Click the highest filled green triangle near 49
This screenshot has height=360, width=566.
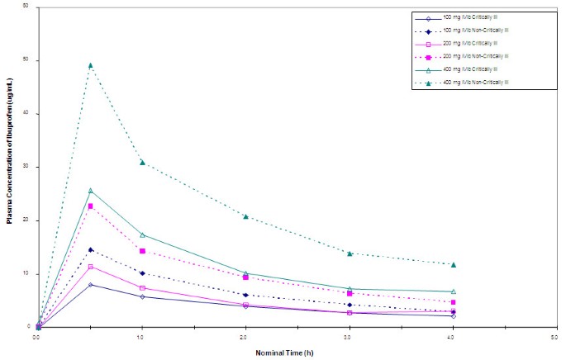(x=90, y=65)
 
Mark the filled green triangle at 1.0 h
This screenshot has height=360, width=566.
(x=142, y=163)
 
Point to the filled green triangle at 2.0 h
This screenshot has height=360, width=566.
(x=245, y=216)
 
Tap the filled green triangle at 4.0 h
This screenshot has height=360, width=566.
(x=453, y=264)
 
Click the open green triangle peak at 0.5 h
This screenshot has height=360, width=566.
(x=90, y=191)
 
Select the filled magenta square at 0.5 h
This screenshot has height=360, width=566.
(x=90, y=206)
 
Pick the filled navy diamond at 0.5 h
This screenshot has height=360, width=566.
(x=90, y=249)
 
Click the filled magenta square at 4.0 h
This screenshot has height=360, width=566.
(x=453, y=302)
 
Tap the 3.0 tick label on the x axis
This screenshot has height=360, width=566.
(x=349, y=338)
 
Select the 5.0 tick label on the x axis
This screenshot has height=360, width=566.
(x=555, y=338)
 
